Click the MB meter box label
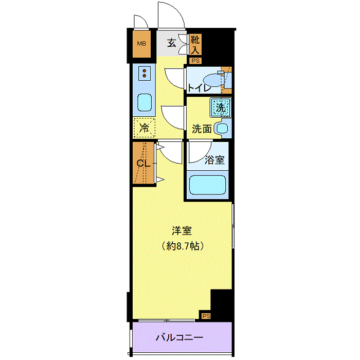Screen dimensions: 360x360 tap(141, 43)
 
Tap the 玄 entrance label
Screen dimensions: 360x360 tap(171, 43)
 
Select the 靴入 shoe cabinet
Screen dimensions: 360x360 tap(195, 45)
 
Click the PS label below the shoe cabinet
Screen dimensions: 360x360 tap(195, 61)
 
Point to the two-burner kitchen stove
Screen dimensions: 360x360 tap(145, 73)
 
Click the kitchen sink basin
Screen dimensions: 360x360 tap(145, 103)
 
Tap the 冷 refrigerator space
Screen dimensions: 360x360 tap(144, 128)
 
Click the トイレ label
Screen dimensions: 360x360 tap(199, 88)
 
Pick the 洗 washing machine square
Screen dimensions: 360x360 tap(221, 107)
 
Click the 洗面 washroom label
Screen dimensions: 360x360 tap(202, 129)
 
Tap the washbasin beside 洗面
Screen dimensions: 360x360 tap(222, 129)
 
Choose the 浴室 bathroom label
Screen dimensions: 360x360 tap(214, 160)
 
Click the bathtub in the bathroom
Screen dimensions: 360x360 tap(207, 185)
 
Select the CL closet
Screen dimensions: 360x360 tap(143, 163)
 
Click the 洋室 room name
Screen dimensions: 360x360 tap(182, 231)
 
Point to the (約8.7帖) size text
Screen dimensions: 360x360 tap(182, 246)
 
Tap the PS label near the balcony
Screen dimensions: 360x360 tap(206, 316)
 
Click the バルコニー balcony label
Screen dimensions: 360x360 tap(179, 337)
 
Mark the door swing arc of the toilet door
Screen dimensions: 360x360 tap(171, 81)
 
